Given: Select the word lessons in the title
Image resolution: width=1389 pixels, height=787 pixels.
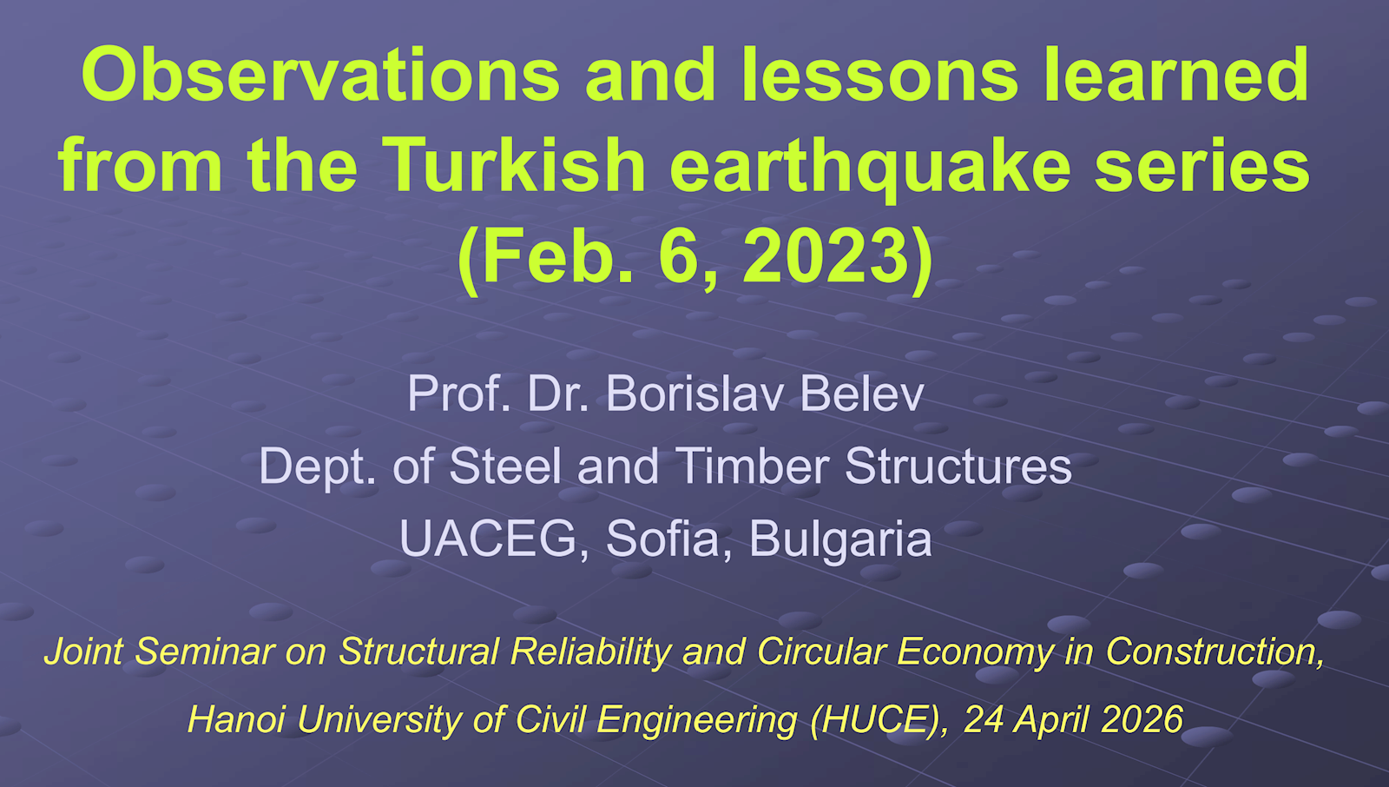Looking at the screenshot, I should pyautogui.click(x=879, y=75).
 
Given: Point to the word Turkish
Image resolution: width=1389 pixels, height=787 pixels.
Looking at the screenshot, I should pyautogui.click(x=514, y=165).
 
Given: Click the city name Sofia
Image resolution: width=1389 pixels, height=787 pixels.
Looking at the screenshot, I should pyautogui.click(x=662, y=539).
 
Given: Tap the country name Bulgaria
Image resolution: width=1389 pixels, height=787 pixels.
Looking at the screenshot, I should pyautogui.click(x=839, y=540).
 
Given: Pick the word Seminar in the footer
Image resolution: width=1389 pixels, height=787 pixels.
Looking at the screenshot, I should pyautogui.click(x=204, y=651).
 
